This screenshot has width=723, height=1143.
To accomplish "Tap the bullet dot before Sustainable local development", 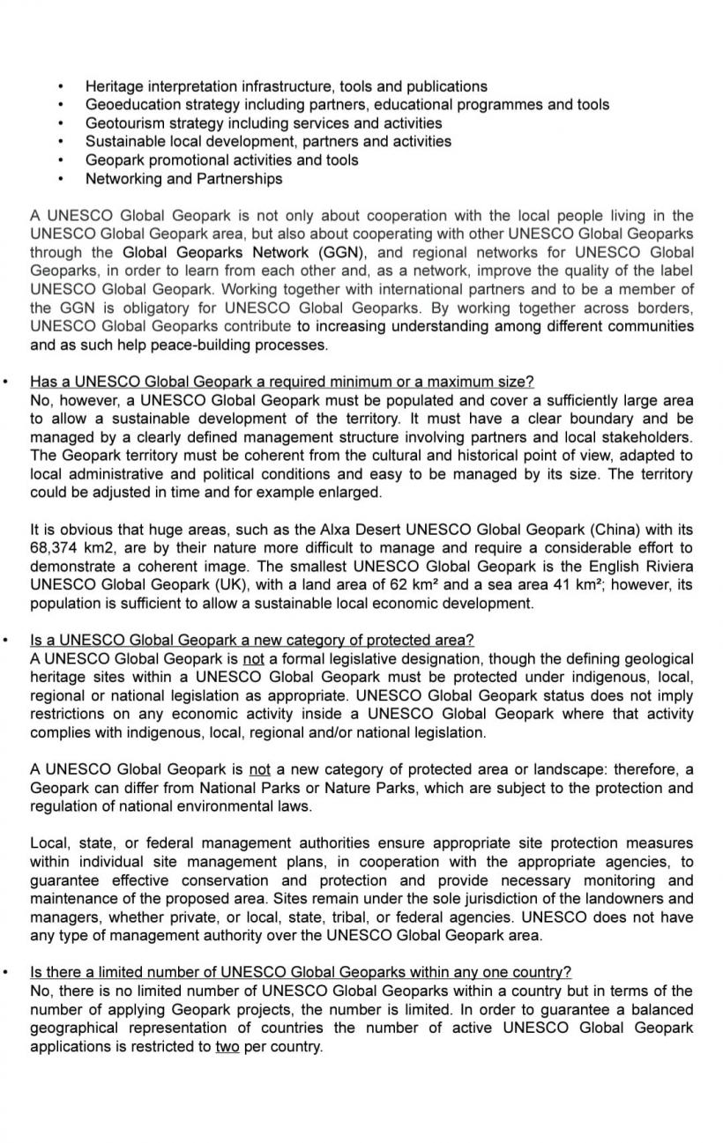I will (x=60, y=142).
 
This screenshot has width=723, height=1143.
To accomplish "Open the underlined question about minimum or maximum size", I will (x=281, y=382).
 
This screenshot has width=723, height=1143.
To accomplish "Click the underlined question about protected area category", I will (x=251, y=640).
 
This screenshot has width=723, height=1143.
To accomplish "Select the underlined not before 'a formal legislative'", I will (x=254, y=659).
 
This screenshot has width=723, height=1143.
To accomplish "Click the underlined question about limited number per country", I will (x=300, y=972).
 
